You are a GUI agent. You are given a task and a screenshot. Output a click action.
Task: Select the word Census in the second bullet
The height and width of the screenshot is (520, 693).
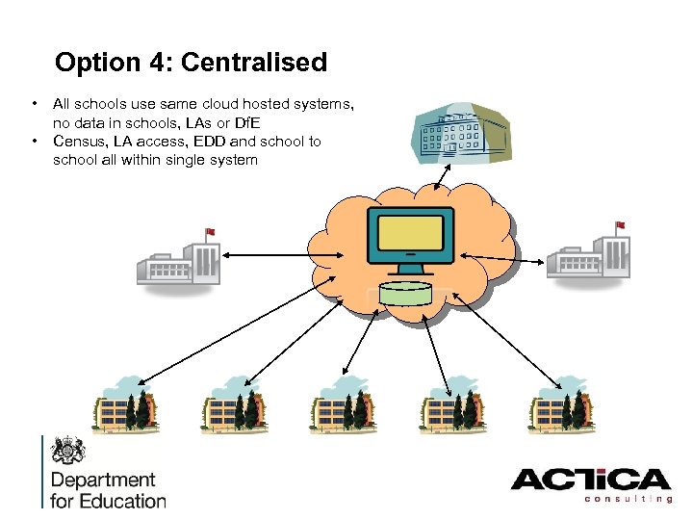[79, 142]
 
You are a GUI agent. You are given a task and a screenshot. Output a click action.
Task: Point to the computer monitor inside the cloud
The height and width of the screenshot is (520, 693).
[411, 239]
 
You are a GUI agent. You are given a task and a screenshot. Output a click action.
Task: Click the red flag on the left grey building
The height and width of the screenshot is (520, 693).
[210, 232]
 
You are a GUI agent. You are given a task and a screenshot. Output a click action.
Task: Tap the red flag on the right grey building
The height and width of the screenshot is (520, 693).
[619, 225]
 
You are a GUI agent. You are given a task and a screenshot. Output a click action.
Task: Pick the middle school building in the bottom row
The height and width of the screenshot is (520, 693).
[343, 404]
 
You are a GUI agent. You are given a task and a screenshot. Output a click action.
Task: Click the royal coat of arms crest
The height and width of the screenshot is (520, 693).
[70, 451]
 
